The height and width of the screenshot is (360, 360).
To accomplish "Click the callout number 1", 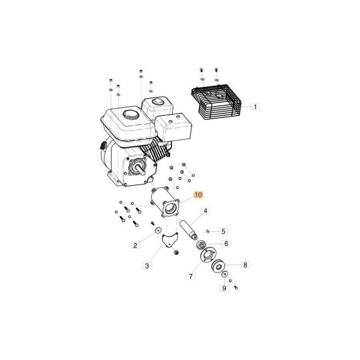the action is click(x=255, y=107).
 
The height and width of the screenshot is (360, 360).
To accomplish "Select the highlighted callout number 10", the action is click(x=198, y=195).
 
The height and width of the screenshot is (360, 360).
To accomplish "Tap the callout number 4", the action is click(x=205, y=211).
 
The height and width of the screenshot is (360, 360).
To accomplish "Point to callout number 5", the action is click(x=223, y=231).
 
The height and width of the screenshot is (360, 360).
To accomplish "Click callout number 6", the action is click(x=226, y=243).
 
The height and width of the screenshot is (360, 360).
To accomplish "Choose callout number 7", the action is click(x=191, y=276).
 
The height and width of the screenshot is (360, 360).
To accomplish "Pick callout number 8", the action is click(x=245, y=265).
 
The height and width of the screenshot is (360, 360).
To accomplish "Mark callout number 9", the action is click(x=224, y=288).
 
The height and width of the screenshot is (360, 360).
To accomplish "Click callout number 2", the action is click(x=135, y=245).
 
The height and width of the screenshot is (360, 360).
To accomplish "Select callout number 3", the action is click(x=147, y=266).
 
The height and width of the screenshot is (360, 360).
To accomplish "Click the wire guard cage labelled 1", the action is click(x=216, y=102).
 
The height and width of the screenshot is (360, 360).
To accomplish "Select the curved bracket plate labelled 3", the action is click(x=170, y=240).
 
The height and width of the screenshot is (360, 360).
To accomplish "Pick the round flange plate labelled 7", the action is click(x=208, y=254).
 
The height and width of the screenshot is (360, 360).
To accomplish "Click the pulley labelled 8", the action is click(x=218, y=266).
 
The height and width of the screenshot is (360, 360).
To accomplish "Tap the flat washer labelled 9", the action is click(x=225, y=274).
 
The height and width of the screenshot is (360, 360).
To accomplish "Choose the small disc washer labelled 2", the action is click(x=158, y=230).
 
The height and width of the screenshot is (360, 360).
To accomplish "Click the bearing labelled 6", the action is click(x=201, y=245).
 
